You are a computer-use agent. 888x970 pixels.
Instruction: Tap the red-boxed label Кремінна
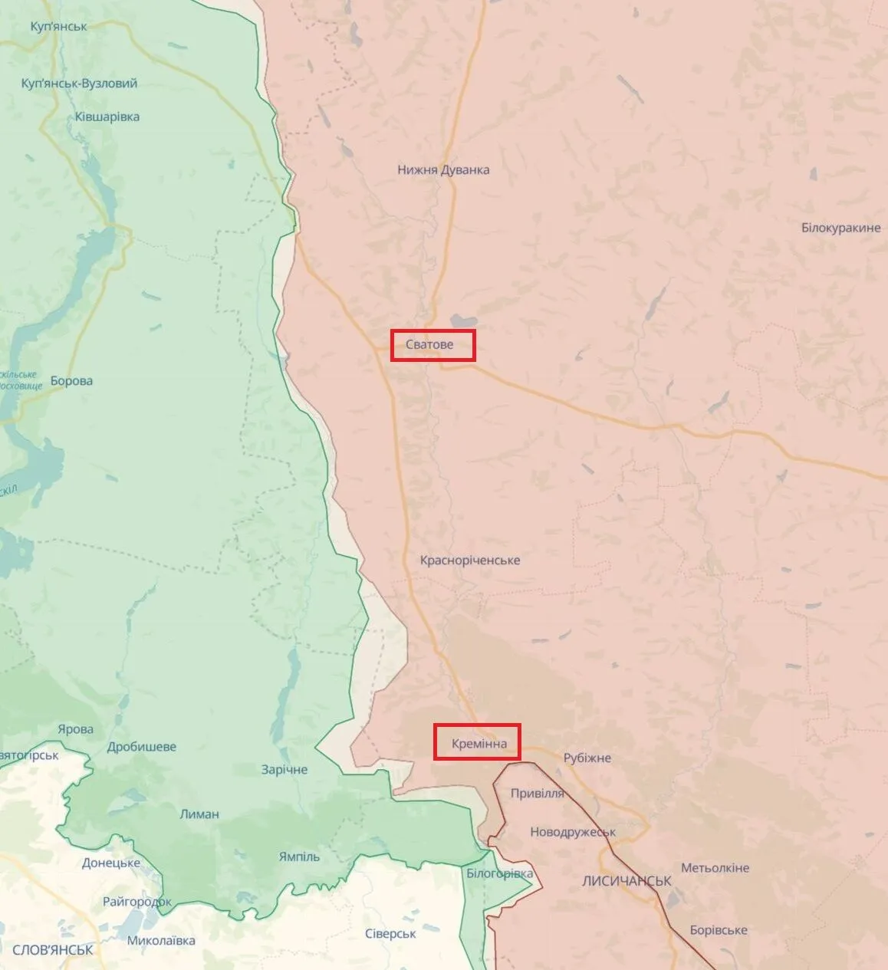(477, 742)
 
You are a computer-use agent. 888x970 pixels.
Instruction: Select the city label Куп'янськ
(58, 26)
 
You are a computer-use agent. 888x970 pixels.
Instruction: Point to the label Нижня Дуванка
(443, 169)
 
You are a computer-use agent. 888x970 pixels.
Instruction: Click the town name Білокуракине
(840, 228)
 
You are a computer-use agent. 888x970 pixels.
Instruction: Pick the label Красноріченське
(469, 561)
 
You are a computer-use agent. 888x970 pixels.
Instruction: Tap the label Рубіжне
(587, 758)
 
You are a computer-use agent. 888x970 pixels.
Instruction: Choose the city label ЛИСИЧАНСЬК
(627, 881)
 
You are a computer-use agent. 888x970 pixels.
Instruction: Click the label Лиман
(199, 814)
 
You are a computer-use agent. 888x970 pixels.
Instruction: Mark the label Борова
(71, 380)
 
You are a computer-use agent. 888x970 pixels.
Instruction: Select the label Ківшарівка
(107, 117)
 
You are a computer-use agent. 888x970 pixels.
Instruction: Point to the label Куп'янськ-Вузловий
(80, 83)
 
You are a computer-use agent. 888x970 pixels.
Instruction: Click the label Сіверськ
(390, 933)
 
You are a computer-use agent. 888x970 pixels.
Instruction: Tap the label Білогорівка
(499, 873)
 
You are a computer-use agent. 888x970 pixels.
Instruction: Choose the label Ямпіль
(299, 857)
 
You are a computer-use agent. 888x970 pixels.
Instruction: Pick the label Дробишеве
(142, 746)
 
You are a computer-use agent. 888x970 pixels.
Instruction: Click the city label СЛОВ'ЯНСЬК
(53, 949)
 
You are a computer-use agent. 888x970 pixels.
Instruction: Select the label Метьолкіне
(715, 868)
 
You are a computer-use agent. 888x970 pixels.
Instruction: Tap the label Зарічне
(284, 769)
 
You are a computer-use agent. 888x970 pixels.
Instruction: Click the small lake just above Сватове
(463, 321)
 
